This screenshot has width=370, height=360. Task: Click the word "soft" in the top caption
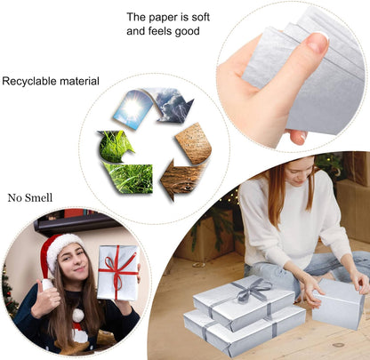[x=200, y=17]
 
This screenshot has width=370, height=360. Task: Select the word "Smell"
[x=39, y=197]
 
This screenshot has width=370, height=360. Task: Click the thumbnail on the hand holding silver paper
[x=318, y=42]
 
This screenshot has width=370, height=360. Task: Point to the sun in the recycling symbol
[x=133, y=108]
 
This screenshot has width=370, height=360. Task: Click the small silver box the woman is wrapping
[x=338, y=304]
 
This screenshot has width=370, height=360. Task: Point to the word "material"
[x=79, y=81]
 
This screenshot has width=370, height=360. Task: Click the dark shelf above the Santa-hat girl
[x=74, y=222]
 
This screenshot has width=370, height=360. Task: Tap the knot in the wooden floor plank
[x=338, y=345]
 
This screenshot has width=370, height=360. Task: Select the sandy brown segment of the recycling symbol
[x=194, y=143]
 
